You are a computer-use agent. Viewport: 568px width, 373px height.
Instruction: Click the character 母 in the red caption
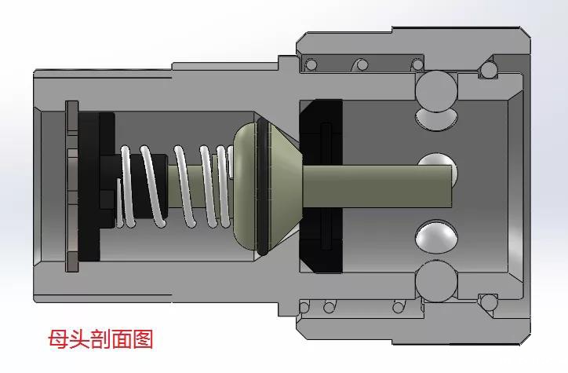(58, 338)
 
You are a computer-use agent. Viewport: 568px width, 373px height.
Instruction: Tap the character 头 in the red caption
(79, 338)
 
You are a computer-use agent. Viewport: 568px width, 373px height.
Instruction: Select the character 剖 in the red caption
(100, 338)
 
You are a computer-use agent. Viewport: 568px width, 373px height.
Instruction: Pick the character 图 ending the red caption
(143, 338)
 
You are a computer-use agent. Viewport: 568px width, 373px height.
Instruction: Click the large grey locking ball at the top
(436, 91)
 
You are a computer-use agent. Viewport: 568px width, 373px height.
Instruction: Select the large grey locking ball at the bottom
(436, 281)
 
